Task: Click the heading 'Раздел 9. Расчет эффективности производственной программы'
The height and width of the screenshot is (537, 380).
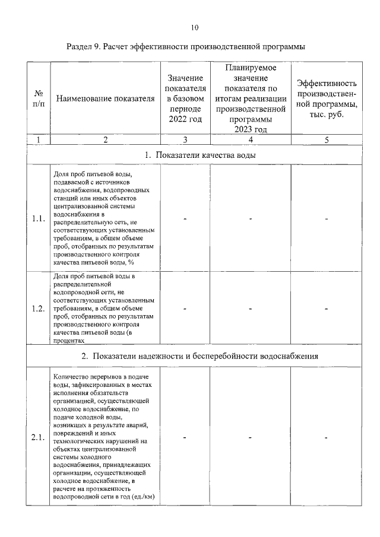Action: (x=190, y=47)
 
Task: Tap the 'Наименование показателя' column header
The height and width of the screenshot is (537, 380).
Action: (x=105, y=98)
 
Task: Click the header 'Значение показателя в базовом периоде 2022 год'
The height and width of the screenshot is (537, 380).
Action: (x=185, y=98)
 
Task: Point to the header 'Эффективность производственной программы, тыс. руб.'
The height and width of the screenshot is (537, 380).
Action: (x=327, y=98)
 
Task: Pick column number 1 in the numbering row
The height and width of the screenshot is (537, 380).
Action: (x=39, y=140)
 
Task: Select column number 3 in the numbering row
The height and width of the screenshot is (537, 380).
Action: (x=185, y=140)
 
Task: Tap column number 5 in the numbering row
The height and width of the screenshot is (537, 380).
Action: (x=327, y=140)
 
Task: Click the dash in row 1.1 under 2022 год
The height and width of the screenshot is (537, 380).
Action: (x=185, y=219)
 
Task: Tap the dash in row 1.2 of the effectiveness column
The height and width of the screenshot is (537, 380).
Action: (x=327, y=309)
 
